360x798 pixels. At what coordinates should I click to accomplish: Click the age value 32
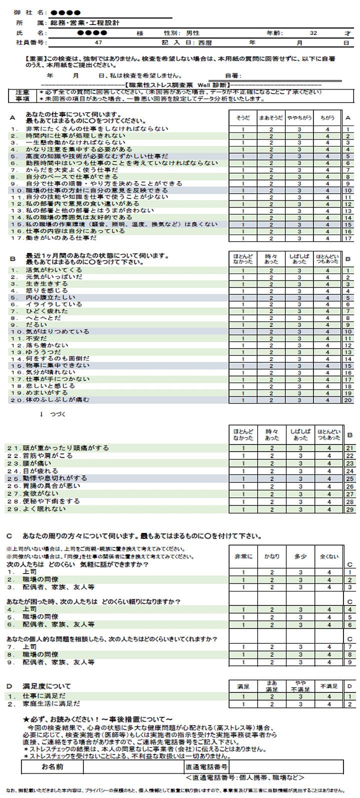(313, 33)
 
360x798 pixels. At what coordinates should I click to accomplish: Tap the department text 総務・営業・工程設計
(85, 23)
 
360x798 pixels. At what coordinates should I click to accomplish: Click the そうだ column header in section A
(243, 118)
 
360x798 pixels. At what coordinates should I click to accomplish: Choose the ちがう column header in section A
(327, 118)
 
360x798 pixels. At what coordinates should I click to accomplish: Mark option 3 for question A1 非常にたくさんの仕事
(299, 129)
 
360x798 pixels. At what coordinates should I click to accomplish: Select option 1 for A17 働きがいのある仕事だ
(243, 238)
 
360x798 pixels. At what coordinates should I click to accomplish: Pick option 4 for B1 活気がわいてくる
(327, 270)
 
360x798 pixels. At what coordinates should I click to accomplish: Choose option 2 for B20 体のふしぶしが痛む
(271, 400)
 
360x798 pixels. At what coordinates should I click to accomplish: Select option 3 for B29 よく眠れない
(300, 509)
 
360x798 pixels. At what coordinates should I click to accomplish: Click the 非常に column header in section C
(243, 556)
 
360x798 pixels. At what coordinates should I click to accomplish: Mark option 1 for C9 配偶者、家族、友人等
(243, 662)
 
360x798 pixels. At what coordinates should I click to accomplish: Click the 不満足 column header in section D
(328, 686)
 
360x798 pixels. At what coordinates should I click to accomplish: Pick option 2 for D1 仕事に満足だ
(272, 696)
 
